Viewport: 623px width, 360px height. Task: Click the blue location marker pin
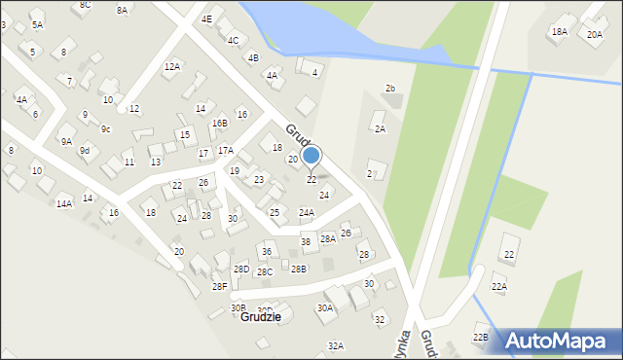[311, 156]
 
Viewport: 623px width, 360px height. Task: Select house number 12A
[172, 66]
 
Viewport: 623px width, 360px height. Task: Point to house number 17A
[225, 150]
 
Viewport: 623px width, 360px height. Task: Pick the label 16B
[220, 123]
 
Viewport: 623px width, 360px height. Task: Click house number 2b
[390, 89]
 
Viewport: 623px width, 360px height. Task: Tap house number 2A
[380, 128]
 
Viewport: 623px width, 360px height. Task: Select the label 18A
[559, 31]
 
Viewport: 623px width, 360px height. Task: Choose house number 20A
[595, 34]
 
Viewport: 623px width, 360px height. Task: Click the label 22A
[499, 286]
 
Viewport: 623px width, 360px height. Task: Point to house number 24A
[307, 212]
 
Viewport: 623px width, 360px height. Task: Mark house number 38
[305, 241]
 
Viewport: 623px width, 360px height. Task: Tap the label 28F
[220, 286]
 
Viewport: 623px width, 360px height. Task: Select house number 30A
[324, 307]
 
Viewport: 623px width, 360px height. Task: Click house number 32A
[336, 345]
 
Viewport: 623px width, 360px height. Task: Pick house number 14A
[64, 203]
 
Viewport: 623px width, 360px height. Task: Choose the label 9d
[85, 150]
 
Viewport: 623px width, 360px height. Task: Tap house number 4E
[206, 18]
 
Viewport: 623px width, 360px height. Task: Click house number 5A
[37, 24]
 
